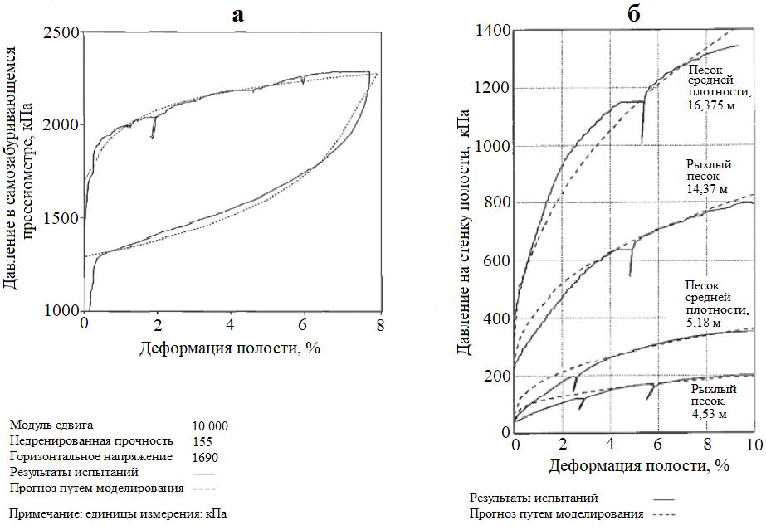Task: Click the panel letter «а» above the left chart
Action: click(238, 14)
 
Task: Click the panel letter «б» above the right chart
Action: click(635, 14)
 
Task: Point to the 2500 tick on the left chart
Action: click(62, 32)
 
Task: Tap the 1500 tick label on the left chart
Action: click(62, 218)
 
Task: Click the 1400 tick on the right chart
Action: click(492, 32)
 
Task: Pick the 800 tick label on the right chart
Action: click(495, 202)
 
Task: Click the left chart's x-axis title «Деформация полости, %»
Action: click(229, 347)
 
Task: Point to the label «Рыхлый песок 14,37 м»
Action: click(708, 176)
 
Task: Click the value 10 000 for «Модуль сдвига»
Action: click(210, 425)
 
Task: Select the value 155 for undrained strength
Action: click(202, 441)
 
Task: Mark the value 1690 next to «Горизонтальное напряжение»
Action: click(206, 456)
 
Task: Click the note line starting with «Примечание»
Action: click(117, 513)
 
